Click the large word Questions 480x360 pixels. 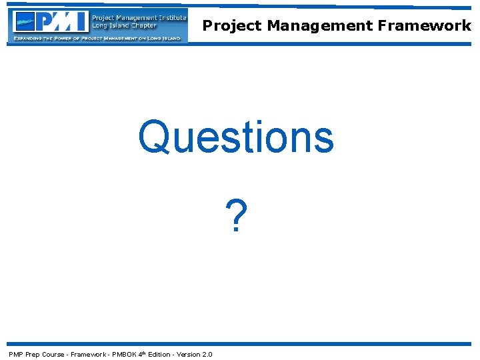tap(236, 137)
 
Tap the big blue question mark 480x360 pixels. tap(236, 215)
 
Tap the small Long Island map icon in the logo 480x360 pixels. tap(25, 22)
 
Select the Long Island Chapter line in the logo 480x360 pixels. tap(123, 26)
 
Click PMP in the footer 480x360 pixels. tap(16, 354)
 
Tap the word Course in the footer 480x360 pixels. tap(53, 354)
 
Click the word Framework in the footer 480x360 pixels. tap(88, 354)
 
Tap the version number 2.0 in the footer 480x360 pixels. tap(207, 354)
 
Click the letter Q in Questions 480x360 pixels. tap(151, 137)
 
